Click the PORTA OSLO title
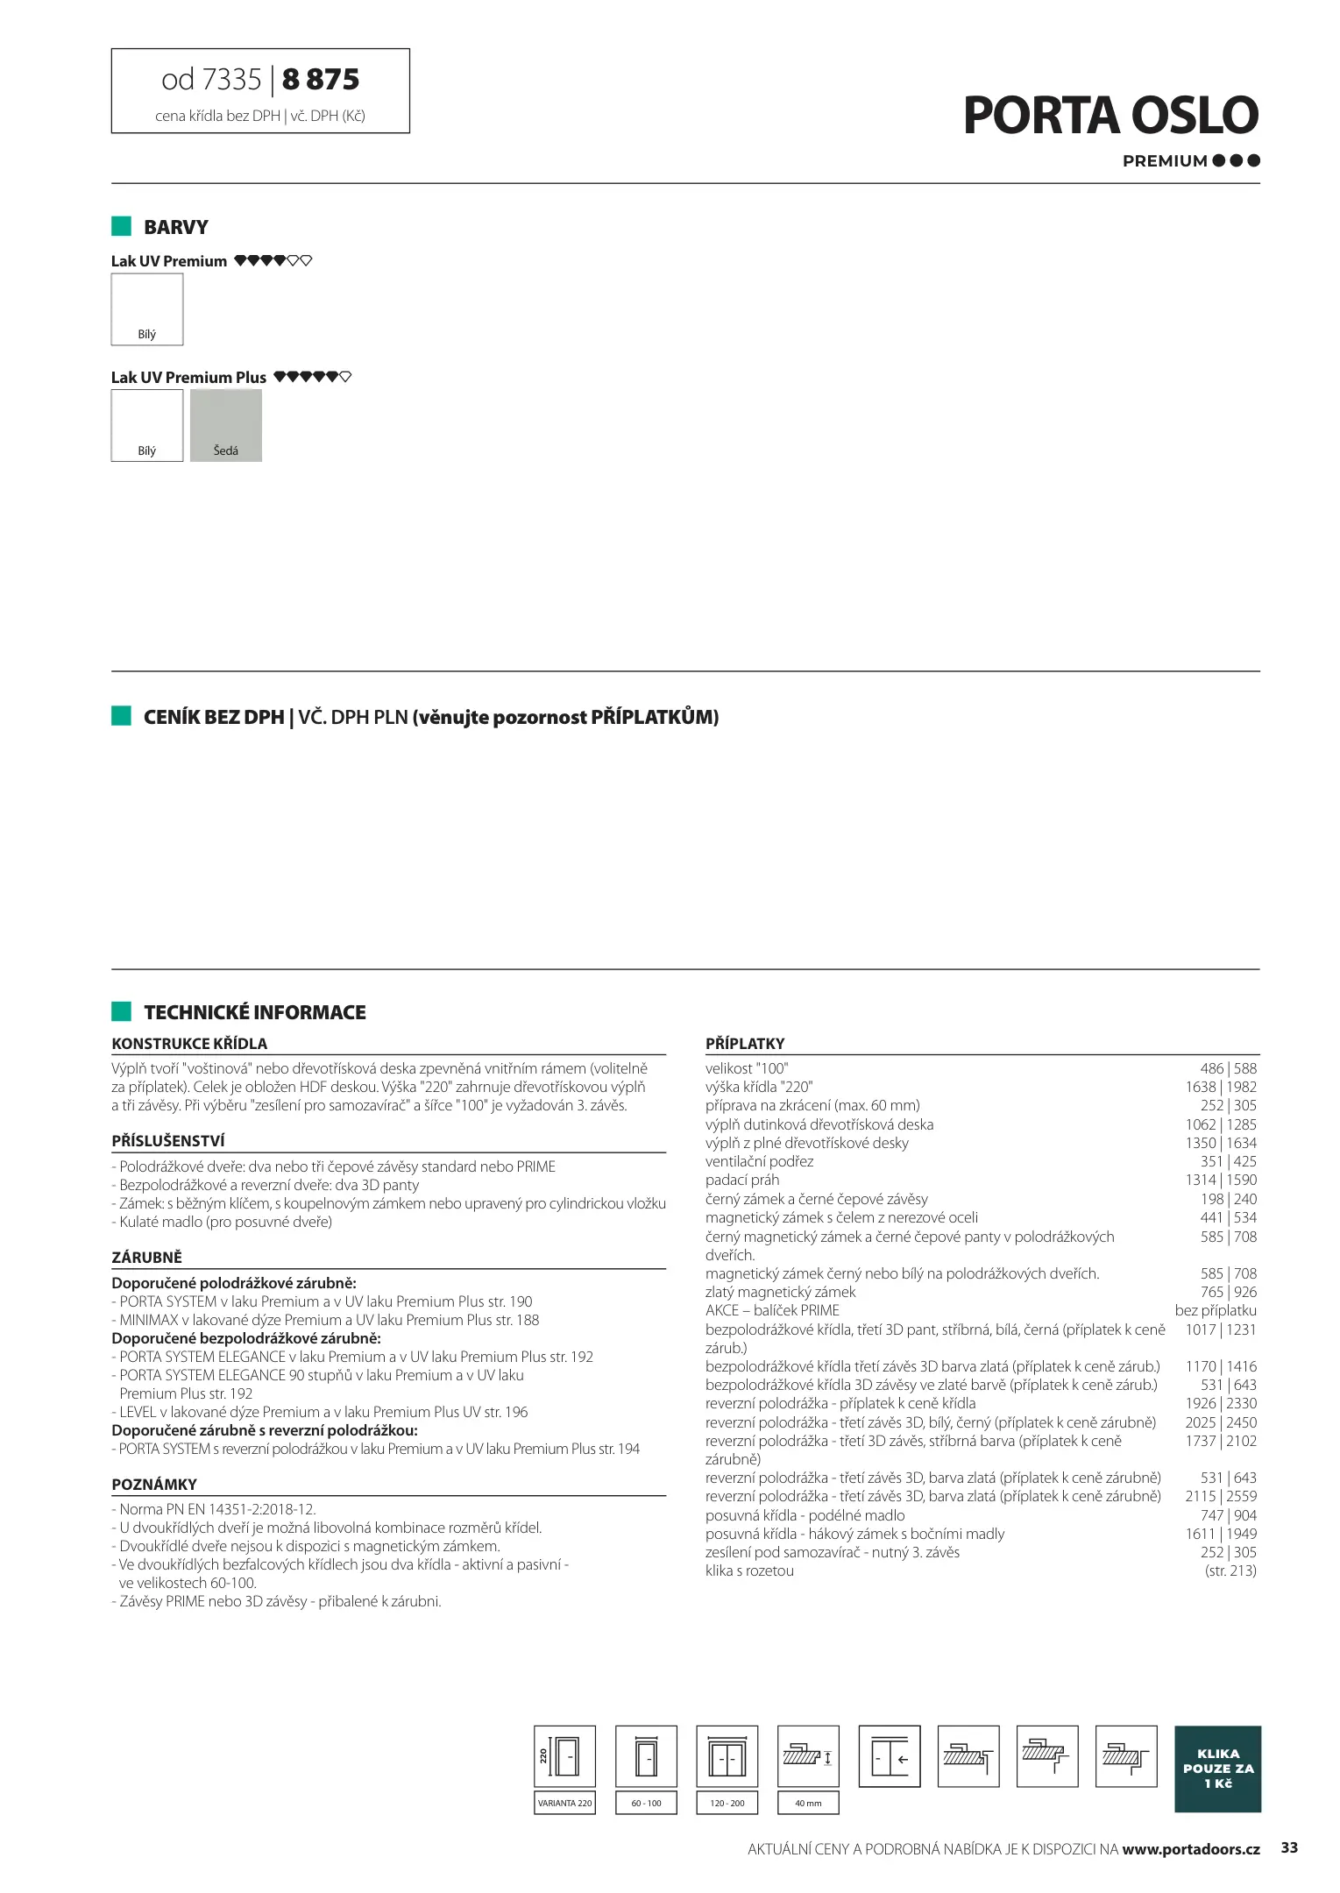coord(1110,116)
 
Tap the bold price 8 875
coord(321,80)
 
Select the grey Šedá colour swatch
coord(226,426)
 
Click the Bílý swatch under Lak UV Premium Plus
coord(147,426)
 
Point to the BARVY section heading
coord(175,227)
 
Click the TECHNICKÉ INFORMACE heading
coord(254,1012)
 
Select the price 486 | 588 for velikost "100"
coord(1228,1068)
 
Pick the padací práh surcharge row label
coord(742,1180)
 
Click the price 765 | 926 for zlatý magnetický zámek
coord(1228,1292)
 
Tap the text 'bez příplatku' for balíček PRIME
coord(1216,1310)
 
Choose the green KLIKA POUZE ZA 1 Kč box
coord(1217,1769)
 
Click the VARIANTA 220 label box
coord(564,1803)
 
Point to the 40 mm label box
coord(808,1803)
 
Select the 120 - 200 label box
coord(727,1803)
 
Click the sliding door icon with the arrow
coord(890,1756)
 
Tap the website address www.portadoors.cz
coord(1190,1849)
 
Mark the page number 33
coord(1289,1847)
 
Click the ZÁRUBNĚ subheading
coord(146,1257)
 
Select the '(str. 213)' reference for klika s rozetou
coord(1230,1570)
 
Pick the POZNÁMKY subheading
coord(154,1485)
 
